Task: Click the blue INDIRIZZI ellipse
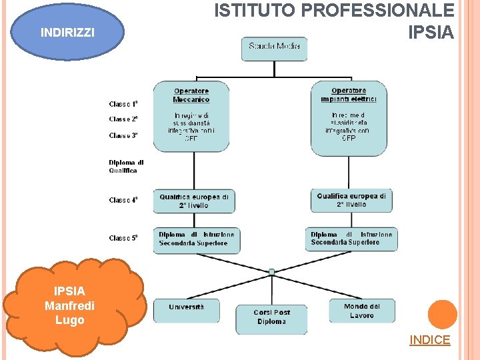coord(67,32)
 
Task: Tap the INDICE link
coord(429,340)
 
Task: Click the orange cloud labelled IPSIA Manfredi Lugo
coord(70,305)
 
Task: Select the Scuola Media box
coord(274,48)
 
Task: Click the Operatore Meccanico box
coord(191,118)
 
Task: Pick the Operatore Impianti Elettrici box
coord(349,118)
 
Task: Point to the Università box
coord(187,309)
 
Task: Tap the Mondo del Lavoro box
coord(362,311)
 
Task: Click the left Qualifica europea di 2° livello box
coord(193,201)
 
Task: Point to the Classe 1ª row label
coord(123,104)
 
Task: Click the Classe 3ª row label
coord(123,135)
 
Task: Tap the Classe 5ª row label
coord(123,238)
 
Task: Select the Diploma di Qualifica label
coord(126,166)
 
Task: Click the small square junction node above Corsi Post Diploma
coord(272,272)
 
